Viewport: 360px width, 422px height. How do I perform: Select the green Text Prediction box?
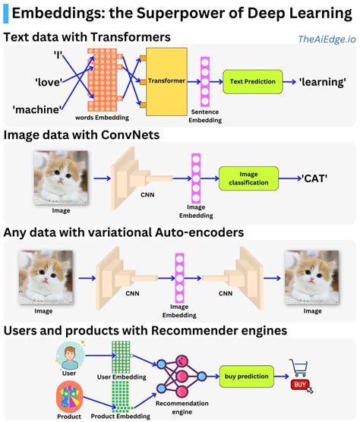(251, 81)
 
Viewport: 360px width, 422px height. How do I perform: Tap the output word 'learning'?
(322, 81)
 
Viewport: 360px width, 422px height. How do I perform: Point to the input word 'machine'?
(36, 109)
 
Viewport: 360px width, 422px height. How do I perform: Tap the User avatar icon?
(68, 355)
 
